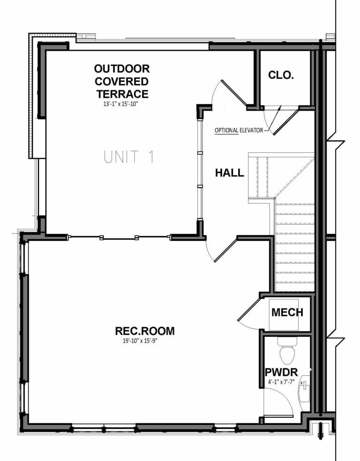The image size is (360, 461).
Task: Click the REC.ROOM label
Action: pos(144,331)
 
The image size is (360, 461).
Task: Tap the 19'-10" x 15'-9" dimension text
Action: pos(144,341)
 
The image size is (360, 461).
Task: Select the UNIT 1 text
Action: pos(129,157)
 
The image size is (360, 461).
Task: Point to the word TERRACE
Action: pos(121,94)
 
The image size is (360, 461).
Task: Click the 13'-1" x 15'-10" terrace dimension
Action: pos(121,105)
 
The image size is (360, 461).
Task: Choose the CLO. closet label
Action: pos(281,75)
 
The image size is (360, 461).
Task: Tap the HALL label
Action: pos(229,173)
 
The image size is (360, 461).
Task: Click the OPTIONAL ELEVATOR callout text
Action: pos(239,130)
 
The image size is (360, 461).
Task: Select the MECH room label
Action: pos(287,312)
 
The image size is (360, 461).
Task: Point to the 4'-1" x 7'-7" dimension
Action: pos(281,383)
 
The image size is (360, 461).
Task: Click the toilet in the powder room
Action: pos(285,351)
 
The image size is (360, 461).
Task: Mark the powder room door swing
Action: pos(278,403)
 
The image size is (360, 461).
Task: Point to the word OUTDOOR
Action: pos(121,69)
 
